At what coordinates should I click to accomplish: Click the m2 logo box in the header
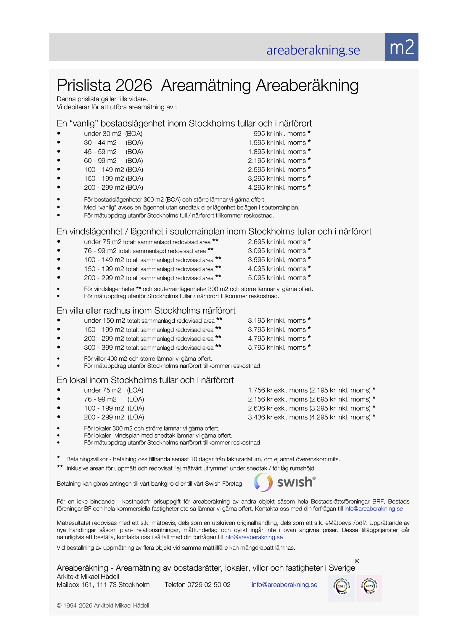pos(401,47)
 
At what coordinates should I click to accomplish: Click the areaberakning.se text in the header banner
pos(313,50)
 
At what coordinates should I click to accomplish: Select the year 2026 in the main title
pos(134,85)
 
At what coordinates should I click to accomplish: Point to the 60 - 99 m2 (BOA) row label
pos(113,161)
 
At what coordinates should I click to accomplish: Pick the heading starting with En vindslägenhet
pos(214,231)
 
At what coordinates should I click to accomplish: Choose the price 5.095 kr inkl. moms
pos(277,278)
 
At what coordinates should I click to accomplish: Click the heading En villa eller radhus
pos(146,311)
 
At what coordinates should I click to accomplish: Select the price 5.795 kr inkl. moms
pos(277,348)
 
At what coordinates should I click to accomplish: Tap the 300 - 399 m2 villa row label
pos(149,348)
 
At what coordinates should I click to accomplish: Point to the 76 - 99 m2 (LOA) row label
pos(114,399)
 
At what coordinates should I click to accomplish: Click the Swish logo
pos(284,482)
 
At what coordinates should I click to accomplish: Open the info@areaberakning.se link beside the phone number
pos(284,585)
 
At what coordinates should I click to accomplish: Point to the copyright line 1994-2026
pos(103,606)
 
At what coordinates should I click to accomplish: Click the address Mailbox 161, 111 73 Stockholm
pos(103,585)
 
